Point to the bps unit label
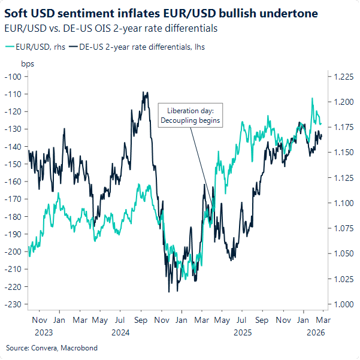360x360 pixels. click(x=28, y=63)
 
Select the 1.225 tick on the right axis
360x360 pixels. click(x=339, y=76)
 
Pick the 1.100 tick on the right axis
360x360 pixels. click(x=339, y=203)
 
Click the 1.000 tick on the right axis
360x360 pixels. click(x=339, y=304)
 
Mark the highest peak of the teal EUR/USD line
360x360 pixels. click(x=312, y=98)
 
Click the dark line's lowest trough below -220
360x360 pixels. click(x=169, y=292)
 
